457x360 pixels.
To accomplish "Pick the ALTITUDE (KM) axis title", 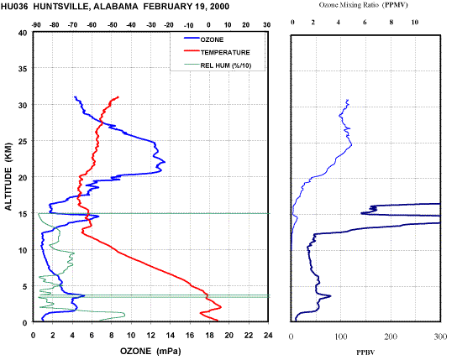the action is [8, 176].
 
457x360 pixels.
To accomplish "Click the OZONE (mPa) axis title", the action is [150, 351].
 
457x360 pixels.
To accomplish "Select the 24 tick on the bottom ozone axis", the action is [268, 336].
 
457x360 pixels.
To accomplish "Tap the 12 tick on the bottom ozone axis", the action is [150, 336].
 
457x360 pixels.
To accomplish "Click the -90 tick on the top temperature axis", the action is [36, 25].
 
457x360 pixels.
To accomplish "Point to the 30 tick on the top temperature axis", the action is [266, 25].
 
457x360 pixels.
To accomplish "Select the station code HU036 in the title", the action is [14, 7].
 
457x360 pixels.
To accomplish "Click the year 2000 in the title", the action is [220, 7].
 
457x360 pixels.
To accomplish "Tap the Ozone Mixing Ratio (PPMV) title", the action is [363, 5].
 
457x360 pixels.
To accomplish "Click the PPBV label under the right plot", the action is [365, 352].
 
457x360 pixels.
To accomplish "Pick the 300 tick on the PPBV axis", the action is [440, 337].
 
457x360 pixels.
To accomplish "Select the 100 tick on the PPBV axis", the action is [341, 337].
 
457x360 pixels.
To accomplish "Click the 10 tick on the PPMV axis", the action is [414, 22].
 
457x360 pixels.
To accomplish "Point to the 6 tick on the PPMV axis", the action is [365, 22].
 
